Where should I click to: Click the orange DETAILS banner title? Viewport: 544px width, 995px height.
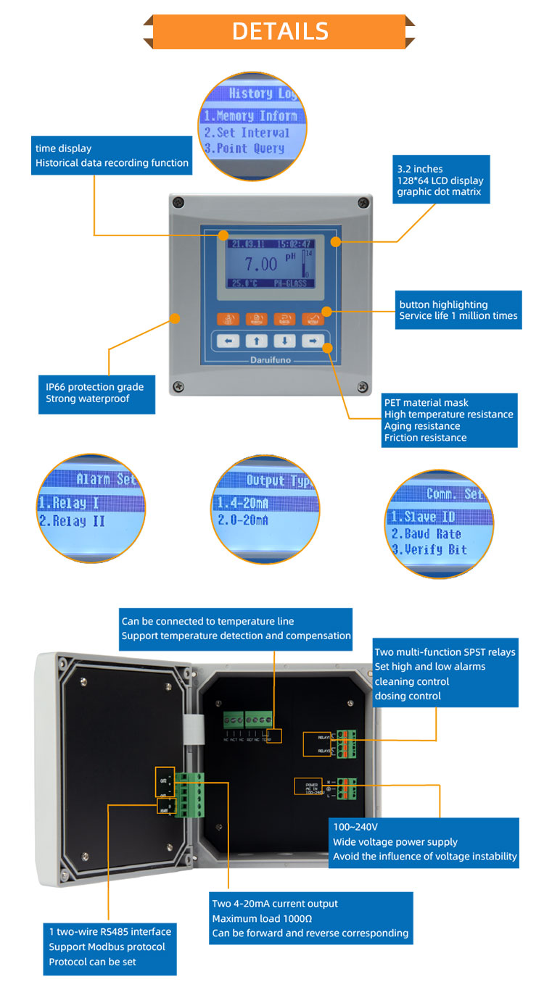280,31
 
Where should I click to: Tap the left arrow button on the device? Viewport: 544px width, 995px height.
228,341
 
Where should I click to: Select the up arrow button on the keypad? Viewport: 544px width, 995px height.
257,341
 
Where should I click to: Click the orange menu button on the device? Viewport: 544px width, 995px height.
256,319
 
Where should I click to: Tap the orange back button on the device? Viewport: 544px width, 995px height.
284,319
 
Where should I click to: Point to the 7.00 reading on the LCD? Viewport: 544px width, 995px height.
260,263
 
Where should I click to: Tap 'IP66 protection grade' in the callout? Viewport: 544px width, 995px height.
90,387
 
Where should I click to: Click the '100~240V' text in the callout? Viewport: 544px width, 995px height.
355,827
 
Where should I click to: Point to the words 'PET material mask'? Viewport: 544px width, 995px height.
426,403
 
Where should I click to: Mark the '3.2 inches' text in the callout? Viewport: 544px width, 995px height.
419,168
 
